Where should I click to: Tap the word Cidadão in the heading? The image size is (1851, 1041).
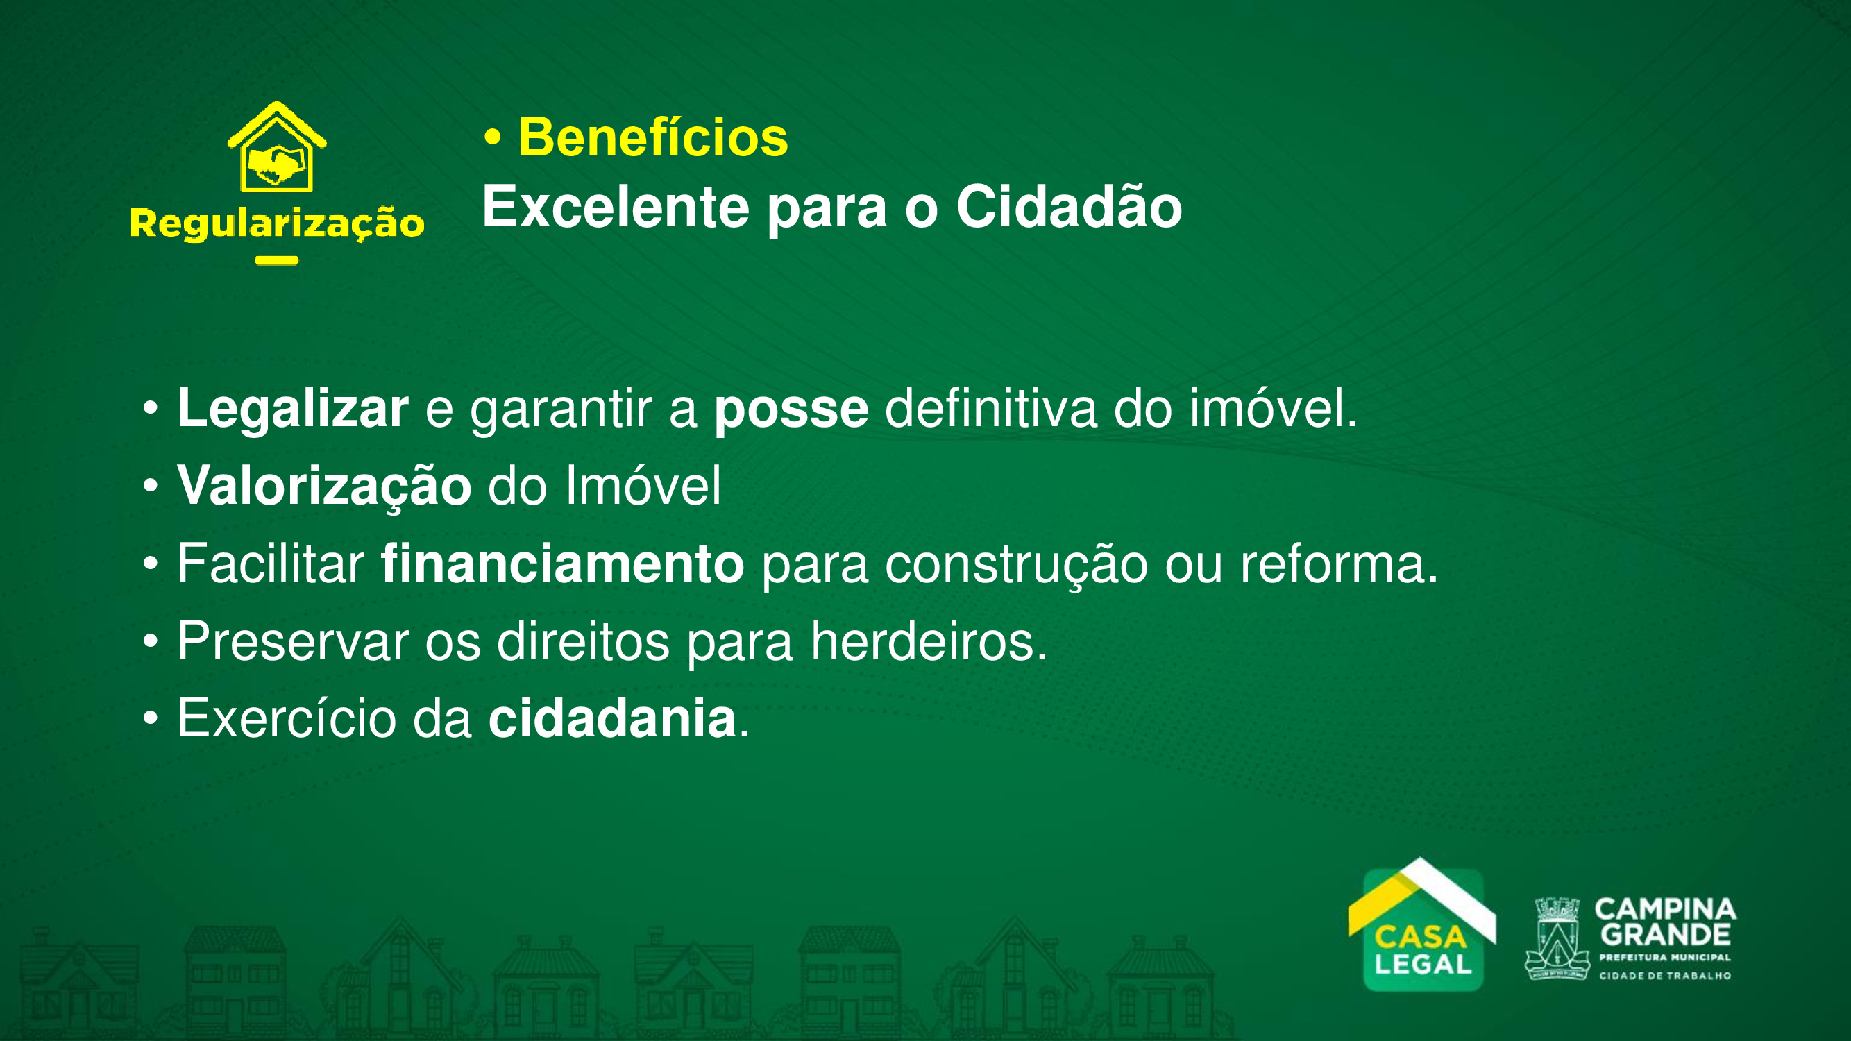(1070, 206)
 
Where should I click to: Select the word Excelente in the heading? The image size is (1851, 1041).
(616, 207)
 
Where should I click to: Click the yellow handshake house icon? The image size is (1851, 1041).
(278, 146)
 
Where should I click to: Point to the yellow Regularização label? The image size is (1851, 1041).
(277, 223)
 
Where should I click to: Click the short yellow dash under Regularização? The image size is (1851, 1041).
(277, 261)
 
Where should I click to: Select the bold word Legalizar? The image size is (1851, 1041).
(292, 409)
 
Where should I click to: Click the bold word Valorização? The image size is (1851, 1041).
(324, 487)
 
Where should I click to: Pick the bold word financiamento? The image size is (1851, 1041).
(562, 564)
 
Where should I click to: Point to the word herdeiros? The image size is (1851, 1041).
(929, 641)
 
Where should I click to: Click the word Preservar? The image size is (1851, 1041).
(293, 641)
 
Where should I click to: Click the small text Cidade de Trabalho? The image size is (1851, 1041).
(1665, 976)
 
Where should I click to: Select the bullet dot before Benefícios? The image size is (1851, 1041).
(492, 138)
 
